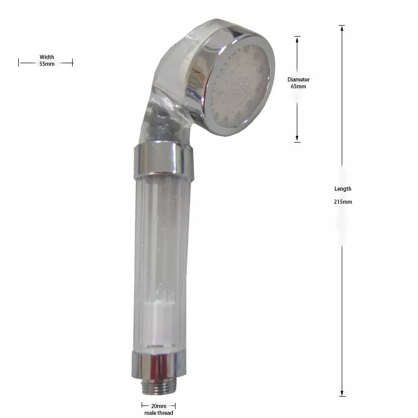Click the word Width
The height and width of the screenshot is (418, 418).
click(47, 57)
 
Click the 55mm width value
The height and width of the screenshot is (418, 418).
click(47, 64)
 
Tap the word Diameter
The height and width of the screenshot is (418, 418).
click(298, 79)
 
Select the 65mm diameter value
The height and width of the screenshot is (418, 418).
click(298, 86)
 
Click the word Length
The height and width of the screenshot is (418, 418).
click(343, 189)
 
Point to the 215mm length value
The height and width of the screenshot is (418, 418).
click(343, 201)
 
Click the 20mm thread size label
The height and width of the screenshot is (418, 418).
click(158, 406)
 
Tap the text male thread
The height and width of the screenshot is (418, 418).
click(158, 413)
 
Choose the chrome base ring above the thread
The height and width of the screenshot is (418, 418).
click(159, 366)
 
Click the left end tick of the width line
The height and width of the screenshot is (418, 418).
click(19, 62)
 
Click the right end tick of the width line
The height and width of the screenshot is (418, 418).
click(73, 62)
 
